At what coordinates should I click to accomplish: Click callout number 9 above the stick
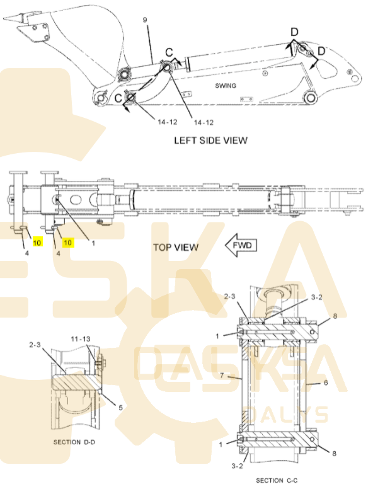pyautogui.click(x=145, y=20)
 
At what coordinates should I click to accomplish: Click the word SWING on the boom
pyautogui.click(x=226, y=86)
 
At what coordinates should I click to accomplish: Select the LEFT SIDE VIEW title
pyautogui.click(x=211, y=141)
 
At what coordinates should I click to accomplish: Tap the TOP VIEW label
pyautogui.click(x=176, y=247)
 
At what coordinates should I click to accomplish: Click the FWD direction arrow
pyautogui.click(x=241, y=245)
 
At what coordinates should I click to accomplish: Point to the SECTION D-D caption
pyautogui.click(x=74, y=442)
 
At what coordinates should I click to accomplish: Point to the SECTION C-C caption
pyautogui.click(x=277, y=481)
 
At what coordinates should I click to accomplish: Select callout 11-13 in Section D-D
pyautogui.click(x=81, y=339)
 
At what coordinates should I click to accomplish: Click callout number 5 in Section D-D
pyautogui.click(x=120, y=408)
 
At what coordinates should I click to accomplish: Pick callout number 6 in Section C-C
pyautogui.click(x=326, y=383)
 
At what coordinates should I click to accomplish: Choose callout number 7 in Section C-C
pyautogui.click(x=222, y=375)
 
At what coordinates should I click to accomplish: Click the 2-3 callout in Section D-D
pyautogui.click(x=35, y=345)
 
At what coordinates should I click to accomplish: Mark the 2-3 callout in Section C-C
pyautogui.click(x=229, y=296)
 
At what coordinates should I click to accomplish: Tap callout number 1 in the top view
pyautogui.click(x=93, y=243)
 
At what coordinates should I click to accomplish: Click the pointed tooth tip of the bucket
pyautogui.click(x=4, y=19)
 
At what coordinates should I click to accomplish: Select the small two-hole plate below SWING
pyautogui.click(x=246, y=99)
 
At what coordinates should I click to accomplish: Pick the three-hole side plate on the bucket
pyautogui.click(x=40, y=32)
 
